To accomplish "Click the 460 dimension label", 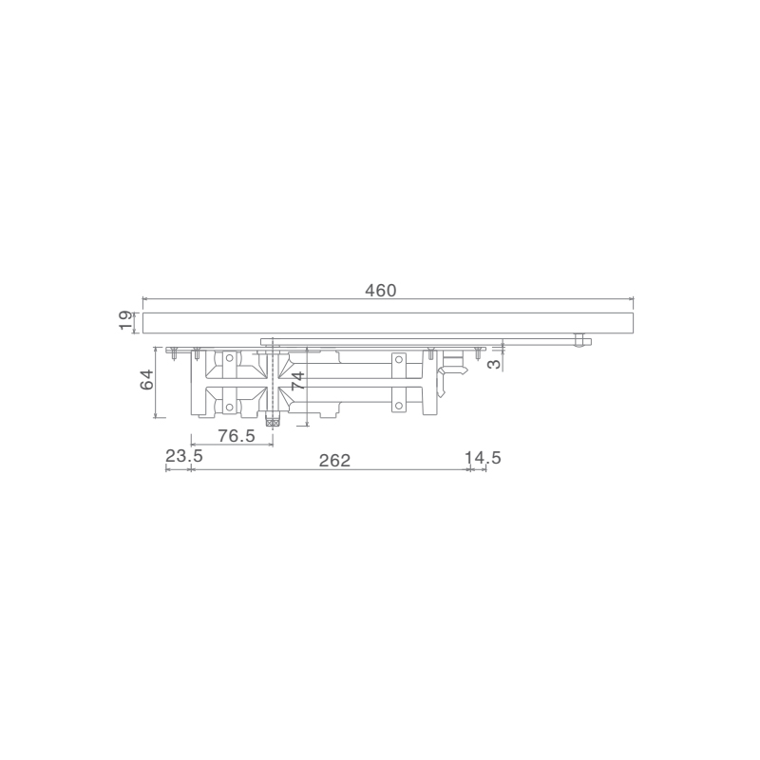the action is [x=381, y=291].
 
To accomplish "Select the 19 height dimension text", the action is [x=126, y=321].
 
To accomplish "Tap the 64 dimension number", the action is [x=146, y=379].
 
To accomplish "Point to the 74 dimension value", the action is [x=298, y=381].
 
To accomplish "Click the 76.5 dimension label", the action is [x=236, y=436].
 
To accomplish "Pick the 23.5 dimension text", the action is [x=184, y=456].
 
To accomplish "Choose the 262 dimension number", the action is [x=334, y=461].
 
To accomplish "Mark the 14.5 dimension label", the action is [x=483, y=458].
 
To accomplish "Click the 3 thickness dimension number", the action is [x=494, y=364].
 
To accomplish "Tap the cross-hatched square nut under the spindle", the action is [x=273, y=423].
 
